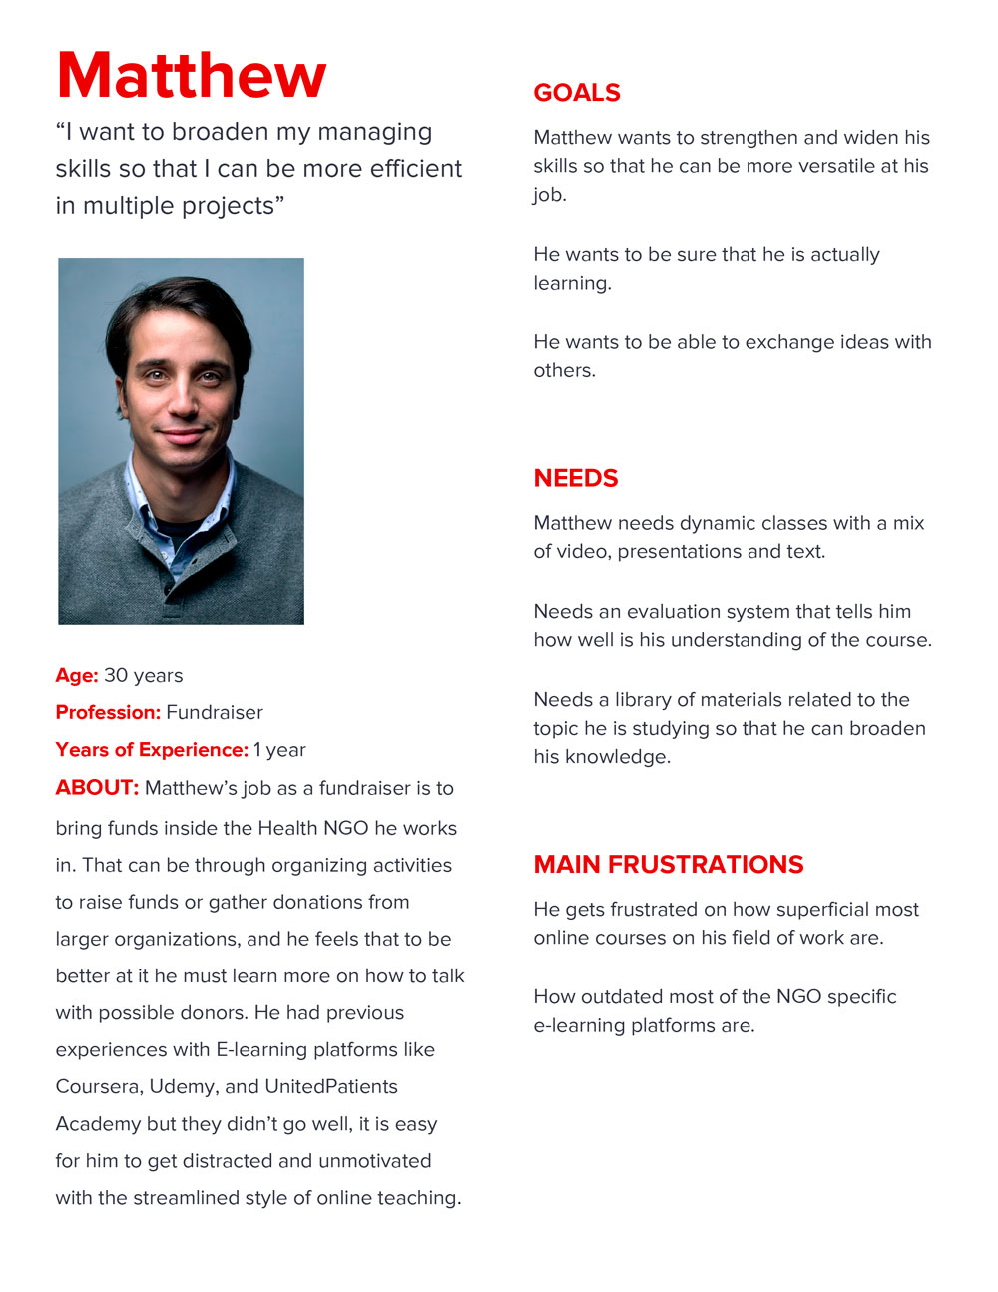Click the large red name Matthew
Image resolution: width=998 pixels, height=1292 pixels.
192,76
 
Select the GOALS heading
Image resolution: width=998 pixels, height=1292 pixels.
577,93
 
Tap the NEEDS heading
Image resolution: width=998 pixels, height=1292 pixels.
576,478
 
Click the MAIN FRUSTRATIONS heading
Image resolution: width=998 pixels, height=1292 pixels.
669,865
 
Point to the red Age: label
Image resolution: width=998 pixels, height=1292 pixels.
77,676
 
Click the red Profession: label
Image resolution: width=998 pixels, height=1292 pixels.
108,713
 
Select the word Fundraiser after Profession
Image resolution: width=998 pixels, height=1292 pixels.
215,713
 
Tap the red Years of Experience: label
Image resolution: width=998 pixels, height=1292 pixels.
152,750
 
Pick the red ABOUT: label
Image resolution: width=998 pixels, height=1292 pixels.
97,788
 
